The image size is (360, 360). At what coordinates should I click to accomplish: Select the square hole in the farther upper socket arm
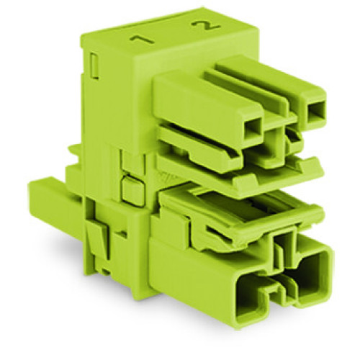point(315,112)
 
